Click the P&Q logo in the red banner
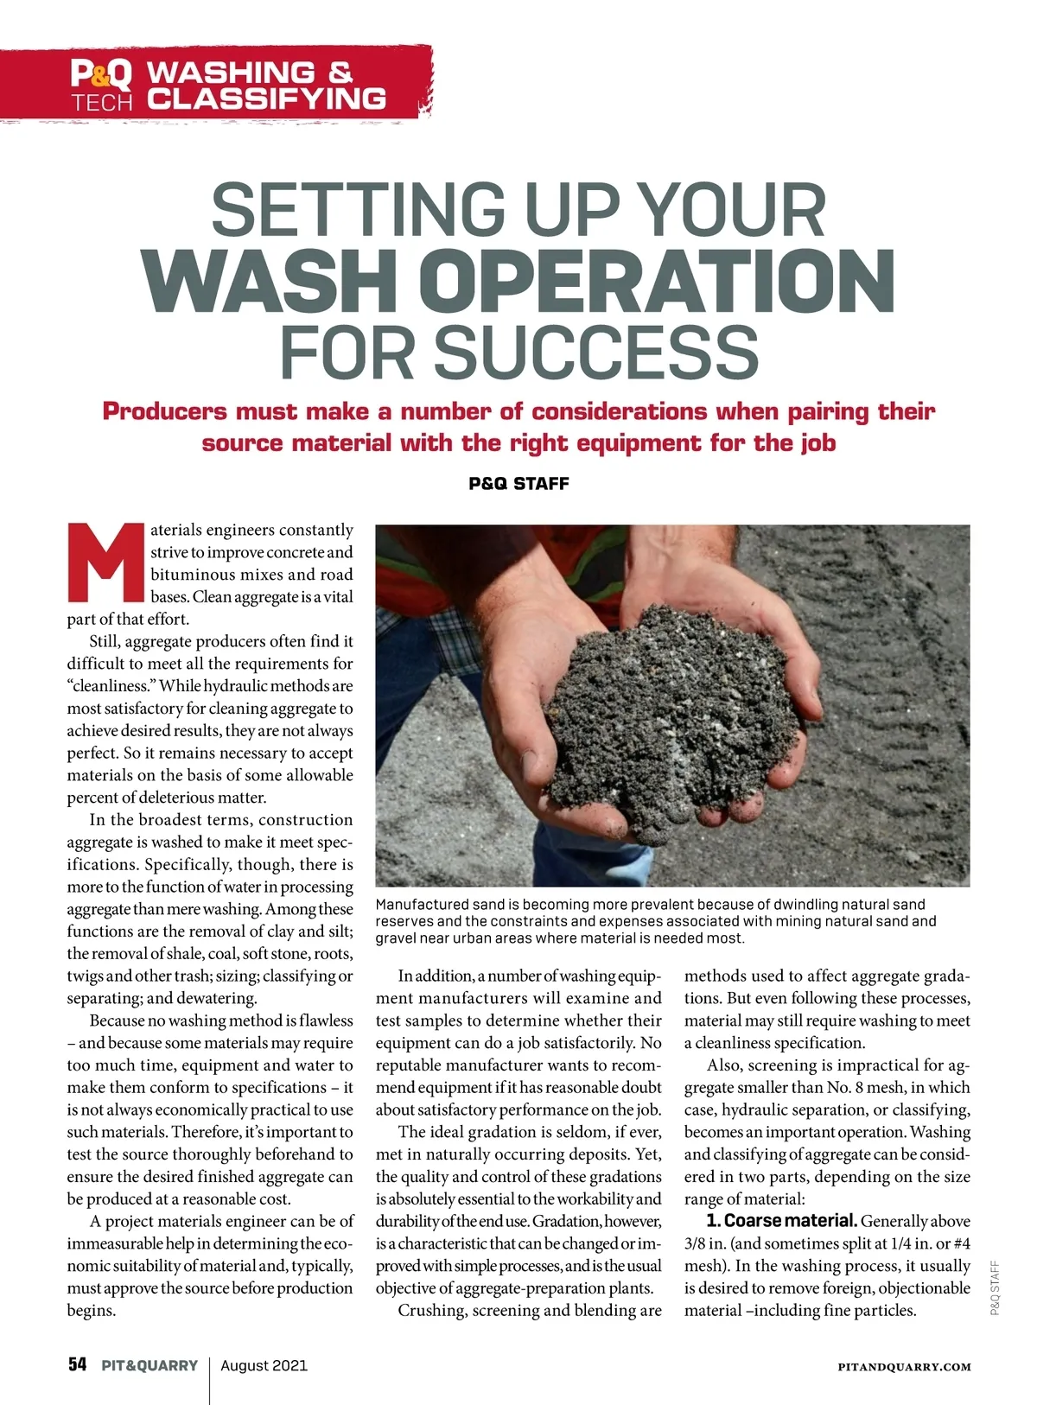[101, 74]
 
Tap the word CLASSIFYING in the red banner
[266, 99]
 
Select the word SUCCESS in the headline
[595, 352]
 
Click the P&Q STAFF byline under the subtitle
[518, 484]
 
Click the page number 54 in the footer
[78, 1365]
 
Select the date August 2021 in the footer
[264, 1366]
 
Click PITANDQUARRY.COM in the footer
[904, 1367]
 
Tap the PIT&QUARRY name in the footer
[150, 1366]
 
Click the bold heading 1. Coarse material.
[781, 1221]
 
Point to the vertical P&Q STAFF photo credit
[995, 1287]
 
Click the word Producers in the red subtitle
[164, 411]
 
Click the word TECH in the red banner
[102, 103]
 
